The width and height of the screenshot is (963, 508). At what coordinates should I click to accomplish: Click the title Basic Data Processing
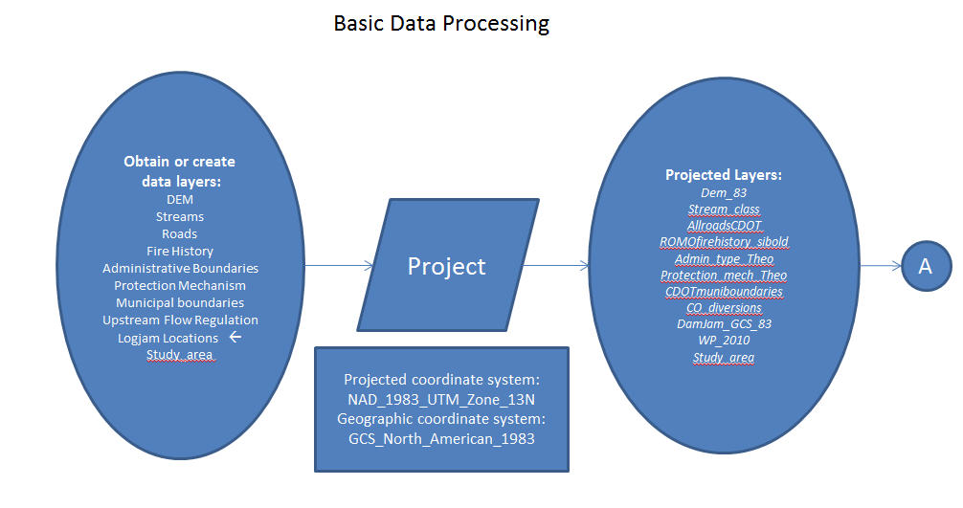(x=441, y=23)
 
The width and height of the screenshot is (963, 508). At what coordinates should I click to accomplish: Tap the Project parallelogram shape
(x=448, y=265)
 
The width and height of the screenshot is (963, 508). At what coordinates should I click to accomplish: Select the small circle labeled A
(x=927, y=266)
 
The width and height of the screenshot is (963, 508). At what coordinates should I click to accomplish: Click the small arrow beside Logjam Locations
(x=235, y=337)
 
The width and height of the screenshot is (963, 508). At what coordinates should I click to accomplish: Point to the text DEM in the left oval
(x=179, y=199)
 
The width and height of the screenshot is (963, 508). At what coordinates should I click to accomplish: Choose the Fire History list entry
(x=179, y=251)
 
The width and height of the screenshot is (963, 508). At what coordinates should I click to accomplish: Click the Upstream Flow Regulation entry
(x=180, y=320)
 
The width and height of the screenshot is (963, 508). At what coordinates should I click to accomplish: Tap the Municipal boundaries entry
(x=180, y=302)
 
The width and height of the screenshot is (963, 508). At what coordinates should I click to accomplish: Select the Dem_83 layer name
(x=724, y=192)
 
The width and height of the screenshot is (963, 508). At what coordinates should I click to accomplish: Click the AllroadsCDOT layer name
(x=724, y=225)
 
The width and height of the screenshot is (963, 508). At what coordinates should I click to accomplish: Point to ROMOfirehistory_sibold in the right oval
(x=724, y=242)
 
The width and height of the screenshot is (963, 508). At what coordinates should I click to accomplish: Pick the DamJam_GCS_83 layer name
(x=724, y=323)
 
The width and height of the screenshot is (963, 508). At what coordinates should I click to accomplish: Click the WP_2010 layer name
(x=724, y=340)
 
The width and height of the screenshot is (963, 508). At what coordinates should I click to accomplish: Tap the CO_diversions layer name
(x=724, y=307)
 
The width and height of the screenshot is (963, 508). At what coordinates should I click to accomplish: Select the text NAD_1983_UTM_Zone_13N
(x=441, y=399)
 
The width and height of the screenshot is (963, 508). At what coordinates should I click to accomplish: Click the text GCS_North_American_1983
(x=441, y=439)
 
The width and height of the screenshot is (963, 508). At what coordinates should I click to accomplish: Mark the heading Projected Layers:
(x=724, y=175)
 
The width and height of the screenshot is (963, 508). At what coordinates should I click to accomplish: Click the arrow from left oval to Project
(x=339, y=266)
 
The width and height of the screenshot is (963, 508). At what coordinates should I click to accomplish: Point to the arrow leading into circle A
(x=881, y=266)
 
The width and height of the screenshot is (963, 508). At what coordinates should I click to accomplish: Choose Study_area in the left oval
(x=179, y=355)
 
